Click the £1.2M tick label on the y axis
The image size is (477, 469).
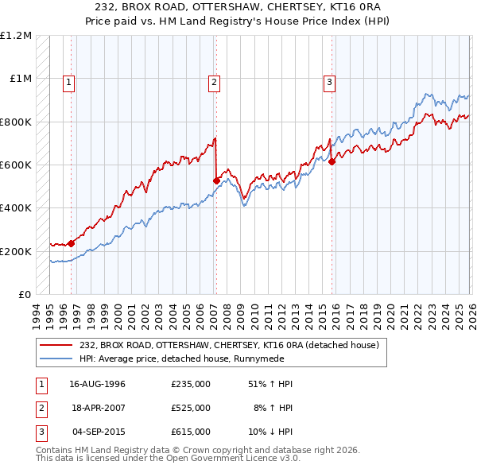pyautogui.click(x=16, y=36)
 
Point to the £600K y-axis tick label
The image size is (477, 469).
pyautogui.click(x=16, y=165)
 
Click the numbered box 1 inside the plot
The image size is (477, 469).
pyautogui.click(x=69, y=81)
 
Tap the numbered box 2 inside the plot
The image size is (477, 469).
pyautogui.click(x=215, y=81)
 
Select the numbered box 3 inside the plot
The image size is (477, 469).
pyautogui.click(x=329, y=81)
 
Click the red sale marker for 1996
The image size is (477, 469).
pyautogui.click(x=71, y=244)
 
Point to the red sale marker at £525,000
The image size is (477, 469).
pyautogui.click(x=216, y=180)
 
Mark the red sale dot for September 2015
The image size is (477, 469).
pyautogui.click(x=332, y=161)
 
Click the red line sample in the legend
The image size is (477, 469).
pyautogui.click(x=57, y=345)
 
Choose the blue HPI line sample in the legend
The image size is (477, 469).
pyautogui.click(x=57, y=359)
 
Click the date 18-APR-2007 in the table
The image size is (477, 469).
pyautogui.click(x=98, y=408)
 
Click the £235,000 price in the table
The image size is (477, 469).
pyautogui.click(x=191, y=384)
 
